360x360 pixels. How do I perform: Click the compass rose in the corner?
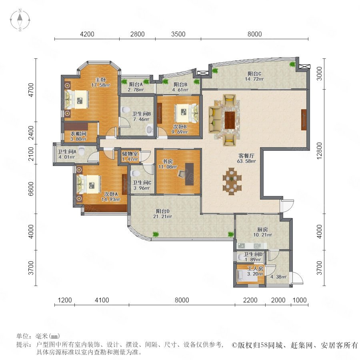coord(20,20)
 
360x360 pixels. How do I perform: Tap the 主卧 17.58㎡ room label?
coord(100,82)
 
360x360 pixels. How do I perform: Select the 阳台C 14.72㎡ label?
coord(254,76)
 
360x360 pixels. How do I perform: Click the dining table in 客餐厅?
coord(232,181)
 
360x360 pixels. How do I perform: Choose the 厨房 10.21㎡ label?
coord(262,232)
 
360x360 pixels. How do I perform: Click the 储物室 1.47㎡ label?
coord(130,156)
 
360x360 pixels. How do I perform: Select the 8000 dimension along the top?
coord(255,34)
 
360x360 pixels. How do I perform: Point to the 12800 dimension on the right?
coord(319,151)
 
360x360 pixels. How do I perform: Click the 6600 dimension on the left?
coord(31,189)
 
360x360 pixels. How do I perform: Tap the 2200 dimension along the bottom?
coord(250,300)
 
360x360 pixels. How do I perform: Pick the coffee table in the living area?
coord(230,120)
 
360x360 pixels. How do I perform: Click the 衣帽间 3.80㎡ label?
coord(78,136)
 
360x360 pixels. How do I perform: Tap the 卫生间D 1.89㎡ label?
coord(253,257)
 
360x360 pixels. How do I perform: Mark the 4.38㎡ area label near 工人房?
coord(278,277)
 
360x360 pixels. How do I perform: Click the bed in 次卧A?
coord(89,184)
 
